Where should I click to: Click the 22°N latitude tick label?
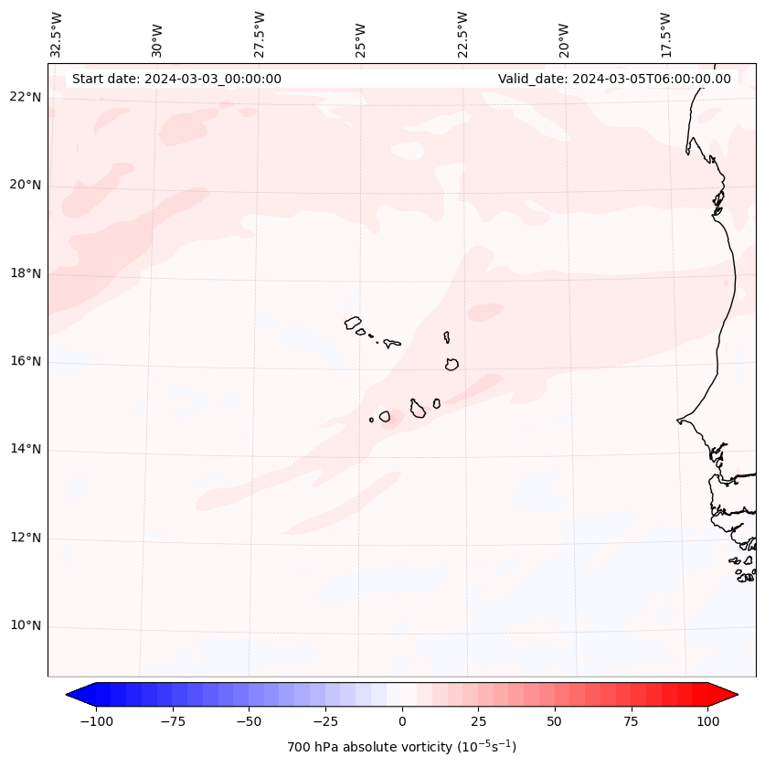27,98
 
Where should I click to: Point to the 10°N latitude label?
27,626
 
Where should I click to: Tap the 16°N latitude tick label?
27,361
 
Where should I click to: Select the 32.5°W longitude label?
57,34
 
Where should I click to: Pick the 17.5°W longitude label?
665,34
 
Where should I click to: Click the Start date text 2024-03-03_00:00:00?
176,79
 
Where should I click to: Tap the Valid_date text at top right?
614,79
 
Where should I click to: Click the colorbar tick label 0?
402,721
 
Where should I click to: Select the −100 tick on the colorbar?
97,721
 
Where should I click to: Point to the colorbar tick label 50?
555,721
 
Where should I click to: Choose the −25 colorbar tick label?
325,721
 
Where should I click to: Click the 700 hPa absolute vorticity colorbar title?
402,747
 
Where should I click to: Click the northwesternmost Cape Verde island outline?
353,323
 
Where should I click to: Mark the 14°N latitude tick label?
27,450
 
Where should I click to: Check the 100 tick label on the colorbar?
707,721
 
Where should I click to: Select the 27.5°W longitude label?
260,34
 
